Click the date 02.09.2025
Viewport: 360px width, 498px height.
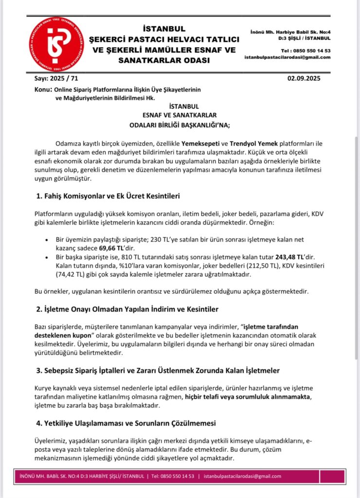click(x=305, y=78)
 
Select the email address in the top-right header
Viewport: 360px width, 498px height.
click(x=287, y=57)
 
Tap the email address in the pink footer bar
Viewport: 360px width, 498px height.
click(x=242, y=476)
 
